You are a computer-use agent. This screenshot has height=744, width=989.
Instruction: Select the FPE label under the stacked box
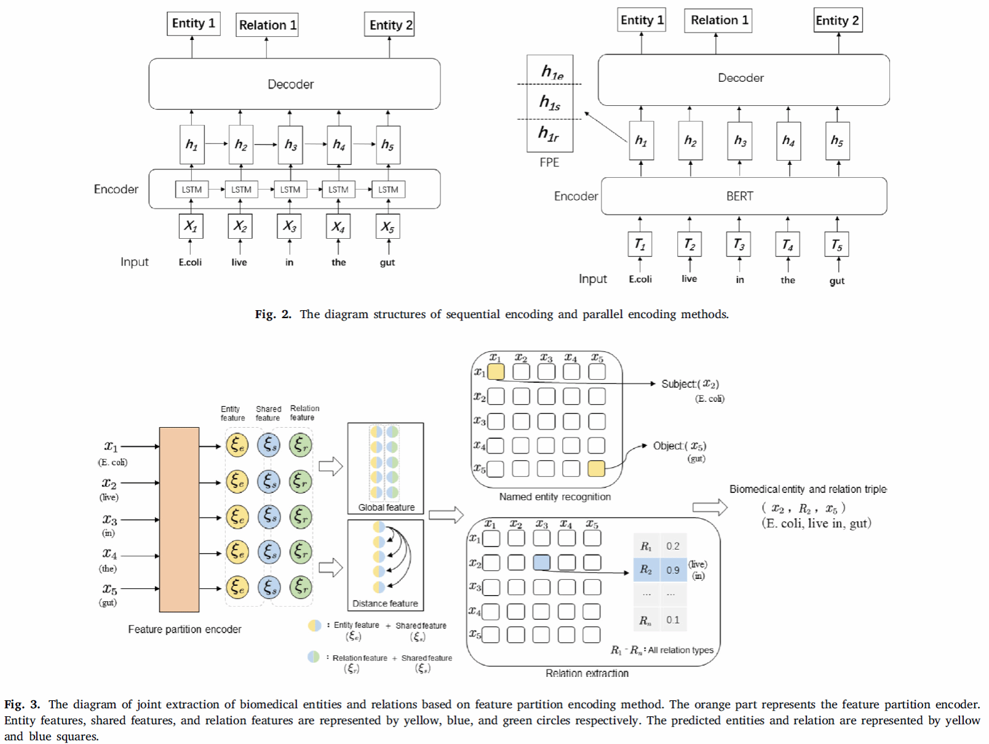[x=549, y=162]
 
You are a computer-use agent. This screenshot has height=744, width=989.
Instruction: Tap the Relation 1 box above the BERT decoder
[x=718, y=20]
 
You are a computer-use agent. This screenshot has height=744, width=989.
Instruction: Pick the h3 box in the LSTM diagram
[x=290, y=145]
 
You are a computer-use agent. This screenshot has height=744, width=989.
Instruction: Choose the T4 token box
[x=787, y=244]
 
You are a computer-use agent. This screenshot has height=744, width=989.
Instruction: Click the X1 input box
[x=191, y=226]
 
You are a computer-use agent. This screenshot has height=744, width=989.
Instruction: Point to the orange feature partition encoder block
[x=179, y=519]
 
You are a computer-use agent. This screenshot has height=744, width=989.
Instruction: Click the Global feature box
[x=386, y=468]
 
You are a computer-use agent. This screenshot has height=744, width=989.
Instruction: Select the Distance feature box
[x=386, y=565]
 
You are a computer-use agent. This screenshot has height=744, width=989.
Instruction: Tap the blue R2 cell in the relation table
[x=646, y=570]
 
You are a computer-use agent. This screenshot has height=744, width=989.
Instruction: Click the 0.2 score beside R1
[x=673, y=546]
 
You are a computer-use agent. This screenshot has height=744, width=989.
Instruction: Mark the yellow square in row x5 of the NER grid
[x=596, y=469]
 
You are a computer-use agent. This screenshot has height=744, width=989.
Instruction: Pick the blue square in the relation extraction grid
[x=542, y=562]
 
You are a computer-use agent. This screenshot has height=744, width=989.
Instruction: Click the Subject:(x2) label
[x=690, y=384]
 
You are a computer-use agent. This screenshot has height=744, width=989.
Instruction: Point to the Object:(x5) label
[x=680, y=446]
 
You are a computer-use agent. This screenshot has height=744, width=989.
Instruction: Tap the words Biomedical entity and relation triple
[x=808, y=489]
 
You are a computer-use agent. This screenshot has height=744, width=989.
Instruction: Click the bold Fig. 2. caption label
[x=273, y=314]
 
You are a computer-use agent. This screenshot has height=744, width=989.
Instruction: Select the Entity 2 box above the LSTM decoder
[x=389, y=25]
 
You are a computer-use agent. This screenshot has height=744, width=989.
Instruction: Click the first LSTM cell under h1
[x=191, y=190]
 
